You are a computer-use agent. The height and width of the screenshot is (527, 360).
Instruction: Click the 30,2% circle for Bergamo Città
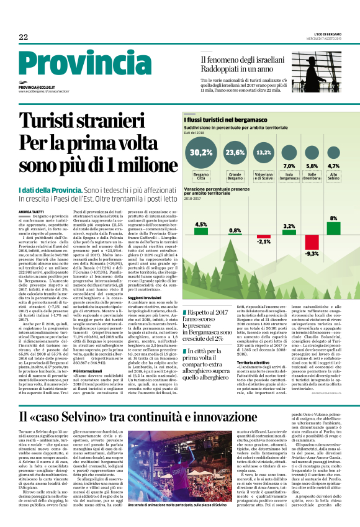click(x=200, y=152)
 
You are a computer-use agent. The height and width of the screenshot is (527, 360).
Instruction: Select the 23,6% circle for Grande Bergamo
click(x=235, y=152)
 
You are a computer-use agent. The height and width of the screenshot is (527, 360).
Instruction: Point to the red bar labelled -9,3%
click(x=312, y=243)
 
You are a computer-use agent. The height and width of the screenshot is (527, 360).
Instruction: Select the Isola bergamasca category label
click(x=289, y=177)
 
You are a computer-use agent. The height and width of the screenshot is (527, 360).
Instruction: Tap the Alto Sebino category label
click(x=334, y=177)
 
